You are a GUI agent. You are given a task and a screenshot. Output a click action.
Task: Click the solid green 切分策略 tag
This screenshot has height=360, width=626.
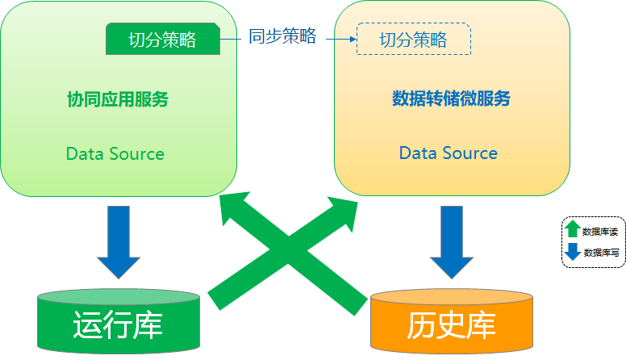pos(163,40)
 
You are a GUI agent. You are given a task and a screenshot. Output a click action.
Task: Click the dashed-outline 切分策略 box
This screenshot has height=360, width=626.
pos(413,40)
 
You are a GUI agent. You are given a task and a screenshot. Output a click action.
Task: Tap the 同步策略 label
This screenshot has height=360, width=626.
pos(282,36)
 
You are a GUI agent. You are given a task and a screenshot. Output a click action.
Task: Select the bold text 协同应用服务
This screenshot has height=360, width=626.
pos(117,99)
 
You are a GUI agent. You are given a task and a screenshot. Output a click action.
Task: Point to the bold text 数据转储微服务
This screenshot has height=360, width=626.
pos(451,98)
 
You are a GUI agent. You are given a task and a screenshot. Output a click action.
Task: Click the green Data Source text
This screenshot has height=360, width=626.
pos(115,153)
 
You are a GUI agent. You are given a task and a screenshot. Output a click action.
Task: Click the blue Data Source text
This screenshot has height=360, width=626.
pos(449,153)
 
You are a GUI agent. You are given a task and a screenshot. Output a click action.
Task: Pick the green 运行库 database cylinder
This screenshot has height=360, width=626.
pos(118,323)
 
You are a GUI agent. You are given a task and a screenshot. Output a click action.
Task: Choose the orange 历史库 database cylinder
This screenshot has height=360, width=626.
pos(451,324)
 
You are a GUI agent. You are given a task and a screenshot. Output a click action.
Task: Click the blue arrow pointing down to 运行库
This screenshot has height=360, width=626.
pos(119,242)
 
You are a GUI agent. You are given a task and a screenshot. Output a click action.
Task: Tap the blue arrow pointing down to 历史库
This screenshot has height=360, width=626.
pos(452,242)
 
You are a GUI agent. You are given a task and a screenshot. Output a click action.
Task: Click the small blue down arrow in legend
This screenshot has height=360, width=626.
pos(573,252)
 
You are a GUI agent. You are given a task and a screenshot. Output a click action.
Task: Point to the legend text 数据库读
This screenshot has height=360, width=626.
pos(599,232)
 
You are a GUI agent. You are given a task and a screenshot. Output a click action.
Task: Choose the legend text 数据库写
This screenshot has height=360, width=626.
pos(601,253)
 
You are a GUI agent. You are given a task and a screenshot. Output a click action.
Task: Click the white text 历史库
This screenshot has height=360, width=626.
pos(451,326)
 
